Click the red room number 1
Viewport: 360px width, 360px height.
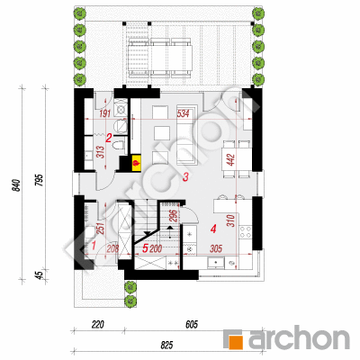click(94, 246)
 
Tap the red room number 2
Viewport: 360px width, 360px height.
click(109, 138)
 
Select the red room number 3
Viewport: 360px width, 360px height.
click(185, 177)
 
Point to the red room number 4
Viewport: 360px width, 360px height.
click(213, 229)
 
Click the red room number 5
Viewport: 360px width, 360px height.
click(145, 248)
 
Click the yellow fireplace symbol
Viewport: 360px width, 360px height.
click(137, 163)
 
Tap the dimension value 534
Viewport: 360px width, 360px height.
click(183, 113)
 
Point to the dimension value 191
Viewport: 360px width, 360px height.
click(105, 113)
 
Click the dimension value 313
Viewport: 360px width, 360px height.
click(101, 152)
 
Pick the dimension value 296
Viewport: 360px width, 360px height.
click(173, 215)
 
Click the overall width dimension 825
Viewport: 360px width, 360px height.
click(166, 346)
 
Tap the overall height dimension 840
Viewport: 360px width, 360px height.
click(16, 185)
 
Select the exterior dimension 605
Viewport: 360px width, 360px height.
click(192, 325)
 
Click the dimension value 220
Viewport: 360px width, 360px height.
click(98, 325)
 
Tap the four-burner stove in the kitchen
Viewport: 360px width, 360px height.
click(246, 232)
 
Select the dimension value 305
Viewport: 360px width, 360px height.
click(216, 248)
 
